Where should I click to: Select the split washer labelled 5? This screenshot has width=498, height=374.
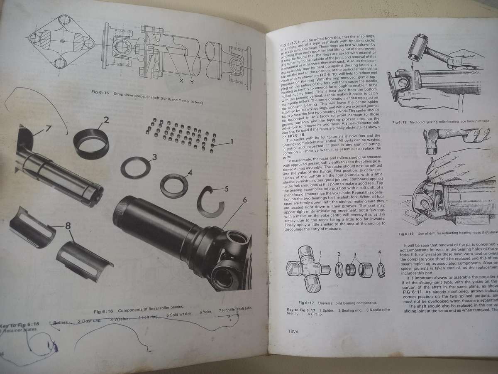[x=211, y=202]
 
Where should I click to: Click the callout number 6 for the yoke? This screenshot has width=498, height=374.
[x=244, y=200]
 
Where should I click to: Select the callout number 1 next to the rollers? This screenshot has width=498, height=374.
[x=231, y=142]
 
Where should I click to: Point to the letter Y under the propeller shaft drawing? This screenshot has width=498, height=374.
[x=192, y=82]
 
